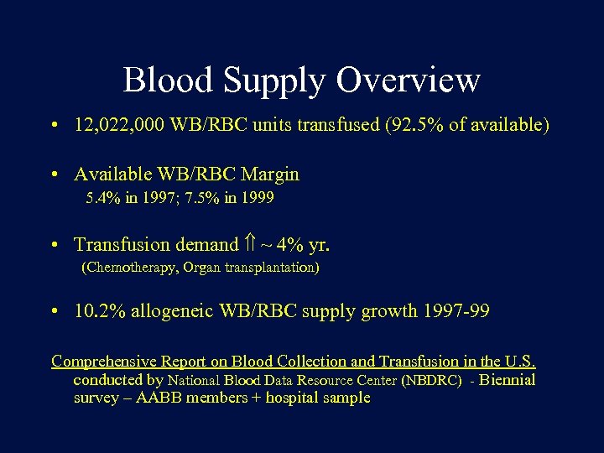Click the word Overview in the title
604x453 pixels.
point(409,81)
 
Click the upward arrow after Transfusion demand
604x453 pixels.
point(249,245)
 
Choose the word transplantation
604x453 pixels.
point(268,268)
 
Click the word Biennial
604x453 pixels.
point(508,380)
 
